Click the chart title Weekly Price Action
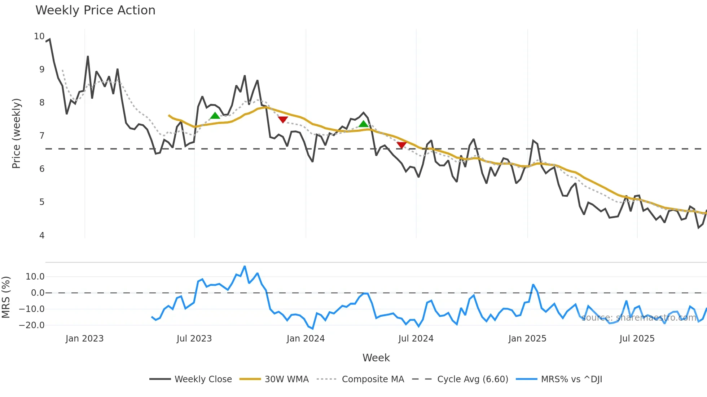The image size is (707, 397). [x=95, y=10]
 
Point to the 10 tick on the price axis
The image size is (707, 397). [x=39, y=36]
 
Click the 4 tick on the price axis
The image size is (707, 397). [x=42, y=236]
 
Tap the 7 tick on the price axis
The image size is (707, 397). [x=42, y=136]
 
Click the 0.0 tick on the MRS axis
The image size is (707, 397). [x=38, y=293]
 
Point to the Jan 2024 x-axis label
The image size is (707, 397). [x=306, y=339]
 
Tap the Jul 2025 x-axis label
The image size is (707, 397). [x=637, y=339]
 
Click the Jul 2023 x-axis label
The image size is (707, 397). [x=194, y=339]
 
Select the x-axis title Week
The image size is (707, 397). [x=376, y=358]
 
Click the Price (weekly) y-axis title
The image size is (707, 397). [x=17, y=133]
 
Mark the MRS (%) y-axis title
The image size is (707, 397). [x=6, y=297]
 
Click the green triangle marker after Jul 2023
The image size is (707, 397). [x=215, y=116]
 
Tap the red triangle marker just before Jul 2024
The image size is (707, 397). [x=401, y=145]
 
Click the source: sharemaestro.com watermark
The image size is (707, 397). [x=638, y=318]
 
